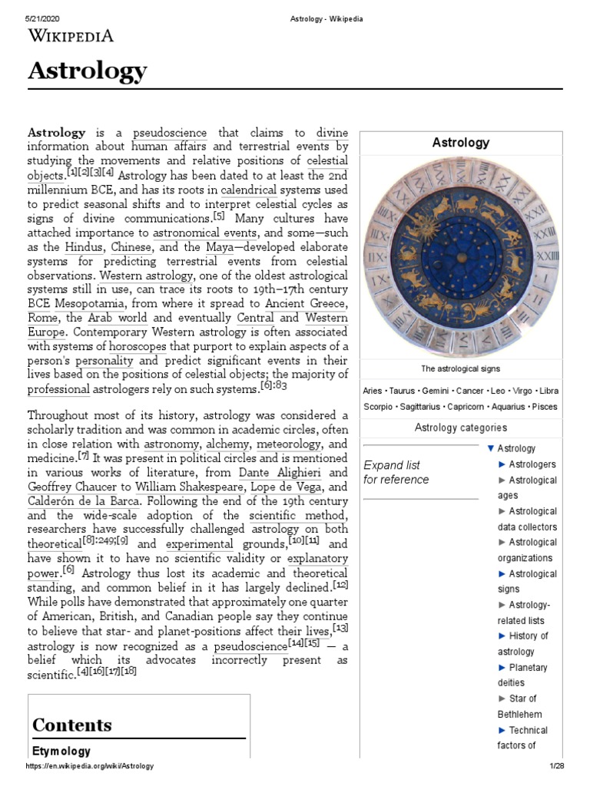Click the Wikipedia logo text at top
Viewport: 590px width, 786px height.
[x=71, y=35]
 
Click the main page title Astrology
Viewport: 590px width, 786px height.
[x=87, y=71]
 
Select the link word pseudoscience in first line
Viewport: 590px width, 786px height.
[x=169, y=132]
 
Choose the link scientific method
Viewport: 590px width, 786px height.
[x=299, y=514]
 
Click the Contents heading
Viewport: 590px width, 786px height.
[x=71, y=725]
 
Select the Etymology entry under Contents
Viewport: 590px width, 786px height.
[x=61, y=751]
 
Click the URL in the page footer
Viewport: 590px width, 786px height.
[x=90, y=766]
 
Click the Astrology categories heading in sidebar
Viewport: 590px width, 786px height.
[x=460, y=428]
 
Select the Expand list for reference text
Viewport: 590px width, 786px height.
[x=396, y=472]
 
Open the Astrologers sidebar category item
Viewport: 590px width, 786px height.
[x=532, y=464]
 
